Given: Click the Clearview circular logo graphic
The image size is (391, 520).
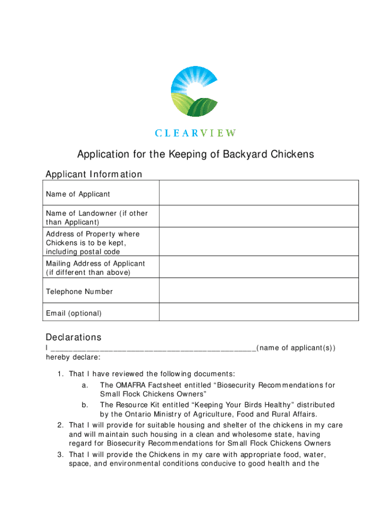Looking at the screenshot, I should (x=195, y=92).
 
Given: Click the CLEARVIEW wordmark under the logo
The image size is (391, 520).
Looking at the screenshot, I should (x=195, y=134).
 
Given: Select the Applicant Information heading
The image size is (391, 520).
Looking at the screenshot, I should (x=94, y=174).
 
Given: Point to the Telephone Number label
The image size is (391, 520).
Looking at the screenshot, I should (x=79, y=291).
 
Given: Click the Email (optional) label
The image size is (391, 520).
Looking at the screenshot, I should (x=74, y=313).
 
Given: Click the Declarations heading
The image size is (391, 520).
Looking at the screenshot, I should (x=74, y=337).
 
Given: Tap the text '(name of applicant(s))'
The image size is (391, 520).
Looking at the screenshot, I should (x=296, y=348).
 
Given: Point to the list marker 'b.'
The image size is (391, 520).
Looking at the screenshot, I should (x=85, y=405).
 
